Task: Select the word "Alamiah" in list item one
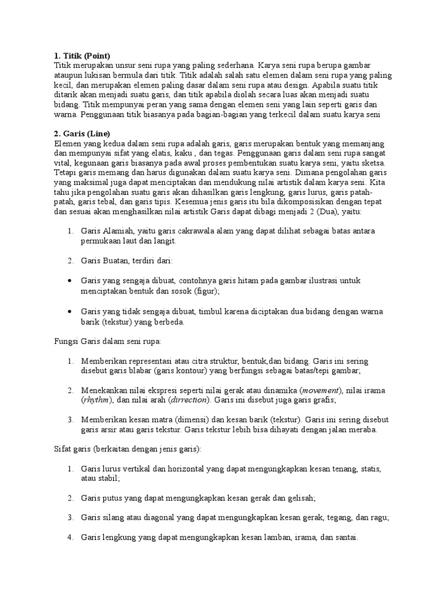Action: click(119, 231)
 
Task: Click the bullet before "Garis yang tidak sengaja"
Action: click(70, 312)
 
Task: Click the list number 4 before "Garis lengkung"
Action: click(70, 538)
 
